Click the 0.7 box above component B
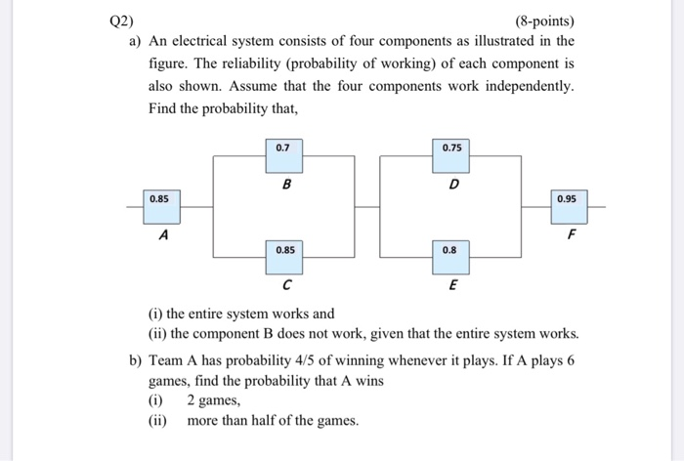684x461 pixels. tap(283, 148)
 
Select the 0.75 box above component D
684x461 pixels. tap(451, 148)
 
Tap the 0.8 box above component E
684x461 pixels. tap(449, 250)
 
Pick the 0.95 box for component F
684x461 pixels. tap(566, 198)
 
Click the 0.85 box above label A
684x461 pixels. tap(159, 199)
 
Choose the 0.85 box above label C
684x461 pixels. tap(285, 250)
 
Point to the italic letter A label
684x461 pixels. tap(163, 235)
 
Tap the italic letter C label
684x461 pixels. tap(285, 285)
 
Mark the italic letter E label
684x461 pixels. tap(451, 285)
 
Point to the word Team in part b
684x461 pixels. tap(167, 359)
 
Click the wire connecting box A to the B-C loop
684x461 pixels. tap(195, 206)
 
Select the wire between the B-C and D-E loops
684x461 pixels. tap(367, 206)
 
